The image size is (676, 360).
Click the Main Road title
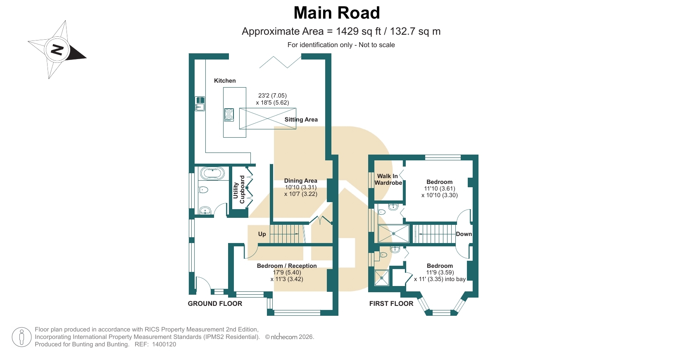[336, 13]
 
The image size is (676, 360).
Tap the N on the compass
[57, 50]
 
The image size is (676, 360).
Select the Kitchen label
[225, 81]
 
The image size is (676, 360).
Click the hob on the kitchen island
[229, 114]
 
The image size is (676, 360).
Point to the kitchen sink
[200, 103]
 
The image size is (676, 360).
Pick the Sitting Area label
[301, 119]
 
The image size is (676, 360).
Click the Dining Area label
[300, 181]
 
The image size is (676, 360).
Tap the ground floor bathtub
[213, 174]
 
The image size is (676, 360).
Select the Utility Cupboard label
[239, 190]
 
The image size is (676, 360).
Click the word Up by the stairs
[262, 234]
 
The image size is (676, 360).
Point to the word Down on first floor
[464, 234]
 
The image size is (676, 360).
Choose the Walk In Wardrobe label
[388, 179]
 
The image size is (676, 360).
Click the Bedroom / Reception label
[287, 266]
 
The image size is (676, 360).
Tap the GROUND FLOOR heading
[215, 303]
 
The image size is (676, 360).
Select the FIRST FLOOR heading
[391, 303]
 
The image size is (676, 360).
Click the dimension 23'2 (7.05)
[272, 95]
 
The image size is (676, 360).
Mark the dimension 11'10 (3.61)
[439, 188]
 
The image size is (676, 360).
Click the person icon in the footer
[22, 337]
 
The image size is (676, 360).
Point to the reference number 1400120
[164, 344]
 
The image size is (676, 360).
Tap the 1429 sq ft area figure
[359, 31]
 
